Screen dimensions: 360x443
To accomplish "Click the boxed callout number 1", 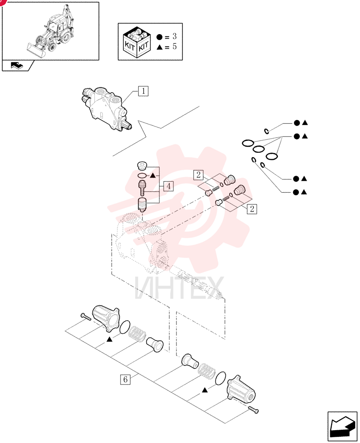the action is tap(143, 91).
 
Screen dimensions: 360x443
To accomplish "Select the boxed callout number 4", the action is tap(168, 186).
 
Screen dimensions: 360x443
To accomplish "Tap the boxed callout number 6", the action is tap(125, 379).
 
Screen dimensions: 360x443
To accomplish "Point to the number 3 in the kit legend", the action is tap(175, 36).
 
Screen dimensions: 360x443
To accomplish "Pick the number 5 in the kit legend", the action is tap(175, 47).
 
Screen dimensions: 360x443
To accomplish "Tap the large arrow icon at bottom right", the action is tap(342, 426).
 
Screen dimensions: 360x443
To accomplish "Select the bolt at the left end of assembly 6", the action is tap(86, 317).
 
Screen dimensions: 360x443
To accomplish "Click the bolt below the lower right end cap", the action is tap(253, 410).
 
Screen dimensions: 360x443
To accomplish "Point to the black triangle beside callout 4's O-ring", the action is tap(153, 176).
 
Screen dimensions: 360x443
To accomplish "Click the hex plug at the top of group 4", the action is tap(142, 166).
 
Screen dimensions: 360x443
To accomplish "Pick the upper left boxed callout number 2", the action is tap(198, 175).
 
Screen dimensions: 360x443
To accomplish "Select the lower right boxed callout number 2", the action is tap(252, 209).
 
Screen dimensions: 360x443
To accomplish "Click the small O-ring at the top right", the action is tap(266, 131).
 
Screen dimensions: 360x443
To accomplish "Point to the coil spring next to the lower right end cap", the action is tap(207, 372).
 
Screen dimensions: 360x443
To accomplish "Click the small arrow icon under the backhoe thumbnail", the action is tap(17, 66).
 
